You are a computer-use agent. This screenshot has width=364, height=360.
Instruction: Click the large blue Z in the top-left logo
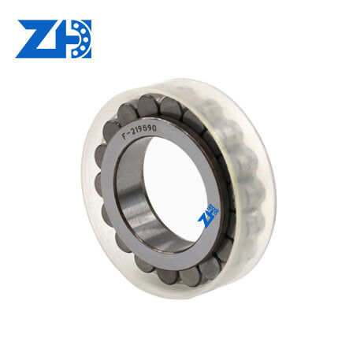click(x=39, y=39)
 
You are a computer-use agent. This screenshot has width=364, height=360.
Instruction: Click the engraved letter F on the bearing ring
click(x=124, y=136)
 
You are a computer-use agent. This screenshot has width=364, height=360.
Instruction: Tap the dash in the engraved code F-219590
click(x=128, y=135)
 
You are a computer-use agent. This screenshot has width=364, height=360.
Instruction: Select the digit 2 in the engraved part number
click(x=133, y=132)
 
